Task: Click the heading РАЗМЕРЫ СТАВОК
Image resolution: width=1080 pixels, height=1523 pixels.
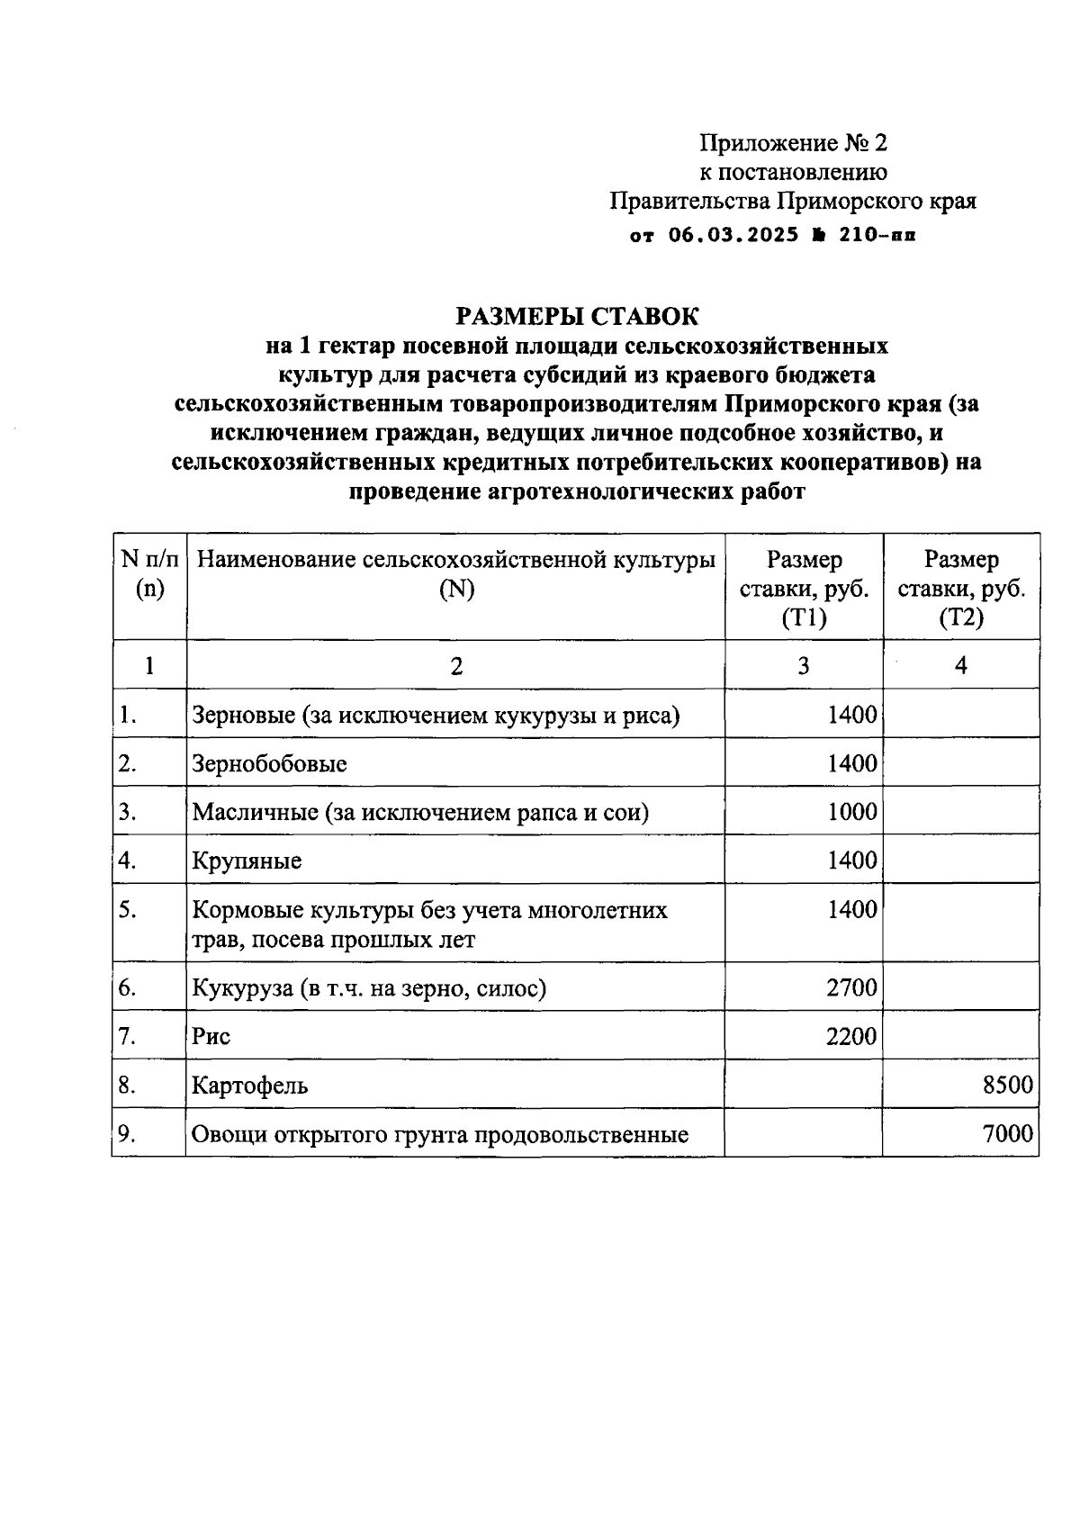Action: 577,317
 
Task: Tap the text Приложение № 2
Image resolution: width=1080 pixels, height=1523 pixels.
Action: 793,143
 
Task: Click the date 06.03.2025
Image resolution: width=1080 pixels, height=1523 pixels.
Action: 733,236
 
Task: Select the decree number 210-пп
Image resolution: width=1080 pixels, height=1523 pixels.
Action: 877,236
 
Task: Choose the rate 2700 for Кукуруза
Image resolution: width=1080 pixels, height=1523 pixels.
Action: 851,987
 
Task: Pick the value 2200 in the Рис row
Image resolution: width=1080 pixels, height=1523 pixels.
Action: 851,1036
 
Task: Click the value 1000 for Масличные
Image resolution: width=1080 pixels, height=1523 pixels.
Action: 851,812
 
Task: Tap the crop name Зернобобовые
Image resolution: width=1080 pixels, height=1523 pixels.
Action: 269,764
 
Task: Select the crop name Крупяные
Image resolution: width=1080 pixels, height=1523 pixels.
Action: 247,861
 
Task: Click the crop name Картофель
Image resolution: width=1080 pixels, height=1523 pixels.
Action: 249,1086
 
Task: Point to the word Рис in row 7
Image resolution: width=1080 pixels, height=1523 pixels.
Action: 211,1036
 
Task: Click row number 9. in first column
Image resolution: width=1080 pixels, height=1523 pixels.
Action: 127,1134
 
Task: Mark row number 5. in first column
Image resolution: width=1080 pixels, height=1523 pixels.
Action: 127,910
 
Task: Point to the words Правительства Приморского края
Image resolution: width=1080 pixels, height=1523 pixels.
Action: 793,201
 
